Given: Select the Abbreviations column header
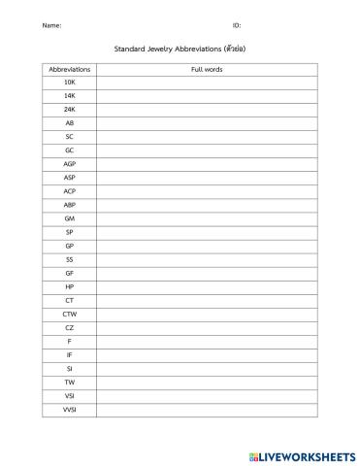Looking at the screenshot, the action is [69, 69].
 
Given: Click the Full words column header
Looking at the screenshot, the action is [208, 69].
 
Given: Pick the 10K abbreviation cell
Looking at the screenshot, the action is [69, 83].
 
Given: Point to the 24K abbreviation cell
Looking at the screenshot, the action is [69, 110].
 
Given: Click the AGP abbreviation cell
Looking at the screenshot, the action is [69, 164].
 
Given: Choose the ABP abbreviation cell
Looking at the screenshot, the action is [69, 205].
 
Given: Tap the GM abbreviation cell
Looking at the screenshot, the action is [69, 218].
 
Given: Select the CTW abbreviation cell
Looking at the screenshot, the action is [69, 314].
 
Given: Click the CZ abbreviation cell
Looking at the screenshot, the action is [69, 327].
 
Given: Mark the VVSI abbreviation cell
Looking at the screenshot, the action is [69, 409].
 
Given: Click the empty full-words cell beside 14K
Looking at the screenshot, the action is [208, 96].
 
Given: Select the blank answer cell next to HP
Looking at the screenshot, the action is [208, 286].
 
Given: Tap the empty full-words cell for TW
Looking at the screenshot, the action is [208, 382].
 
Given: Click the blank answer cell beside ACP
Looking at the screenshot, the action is [208, 191].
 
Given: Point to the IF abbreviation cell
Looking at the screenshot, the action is [69, 354].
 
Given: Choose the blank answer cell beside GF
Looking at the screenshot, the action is [208, 273].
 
